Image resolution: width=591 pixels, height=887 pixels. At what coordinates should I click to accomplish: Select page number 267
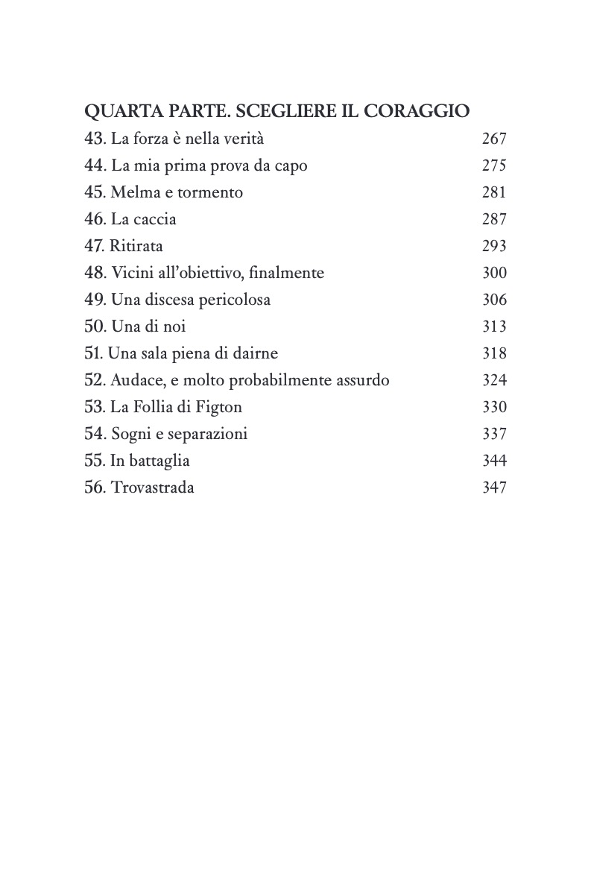494,139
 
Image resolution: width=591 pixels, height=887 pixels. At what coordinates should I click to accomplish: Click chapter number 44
95,165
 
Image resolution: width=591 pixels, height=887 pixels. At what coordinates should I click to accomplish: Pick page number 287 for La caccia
494,219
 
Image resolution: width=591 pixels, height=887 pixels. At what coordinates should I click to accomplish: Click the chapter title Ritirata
136,246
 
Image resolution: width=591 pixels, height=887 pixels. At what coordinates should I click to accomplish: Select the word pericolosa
231,300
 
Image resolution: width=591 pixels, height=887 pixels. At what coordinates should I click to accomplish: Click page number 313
494,326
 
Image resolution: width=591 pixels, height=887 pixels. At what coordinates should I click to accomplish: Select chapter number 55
95,461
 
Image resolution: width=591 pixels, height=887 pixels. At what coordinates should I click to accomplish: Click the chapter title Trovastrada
152,487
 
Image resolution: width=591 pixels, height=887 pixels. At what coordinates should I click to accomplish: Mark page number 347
494,487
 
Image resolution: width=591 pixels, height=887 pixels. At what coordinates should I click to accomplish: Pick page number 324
494,380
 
